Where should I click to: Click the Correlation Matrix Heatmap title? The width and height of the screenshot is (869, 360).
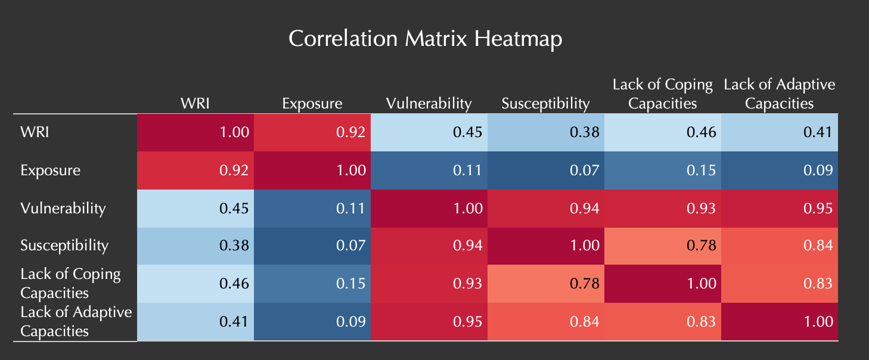tap(425, 39)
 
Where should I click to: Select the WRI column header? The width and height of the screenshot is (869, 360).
tap(195, 104)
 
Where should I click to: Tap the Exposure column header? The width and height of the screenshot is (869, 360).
tap(312, 104)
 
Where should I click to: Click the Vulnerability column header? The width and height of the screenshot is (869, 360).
tap(429, 104)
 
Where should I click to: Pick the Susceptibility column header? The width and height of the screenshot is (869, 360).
tap(545, 104)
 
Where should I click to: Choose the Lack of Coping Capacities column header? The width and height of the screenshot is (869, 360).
tap(662, 94)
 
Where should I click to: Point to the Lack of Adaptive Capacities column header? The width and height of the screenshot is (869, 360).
tap(780, 94)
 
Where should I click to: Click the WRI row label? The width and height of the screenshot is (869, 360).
tap(35, 132)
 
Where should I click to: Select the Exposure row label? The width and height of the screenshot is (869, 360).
tap(50, 170)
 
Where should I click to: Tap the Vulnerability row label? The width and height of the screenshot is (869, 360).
tap(63, 208)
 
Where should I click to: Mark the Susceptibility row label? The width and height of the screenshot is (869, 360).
tap(64, 245)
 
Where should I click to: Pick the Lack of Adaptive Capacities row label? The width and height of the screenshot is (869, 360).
tap(76, 321)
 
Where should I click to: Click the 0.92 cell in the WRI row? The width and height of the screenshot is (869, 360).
tap(312, 132)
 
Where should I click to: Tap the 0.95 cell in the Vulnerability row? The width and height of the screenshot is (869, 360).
tap(780, 208)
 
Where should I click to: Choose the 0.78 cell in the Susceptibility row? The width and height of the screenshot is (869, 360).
tap(662, 245)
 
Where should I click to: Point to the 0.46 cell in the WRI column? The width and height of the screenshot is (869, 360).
tap(195, 283)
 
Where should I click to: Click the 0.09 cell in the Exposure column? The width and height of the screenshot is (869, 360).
tap(312, 321)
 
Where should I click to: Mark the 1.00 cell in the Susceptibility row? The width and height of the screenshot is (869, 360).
tap(545, 245)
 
